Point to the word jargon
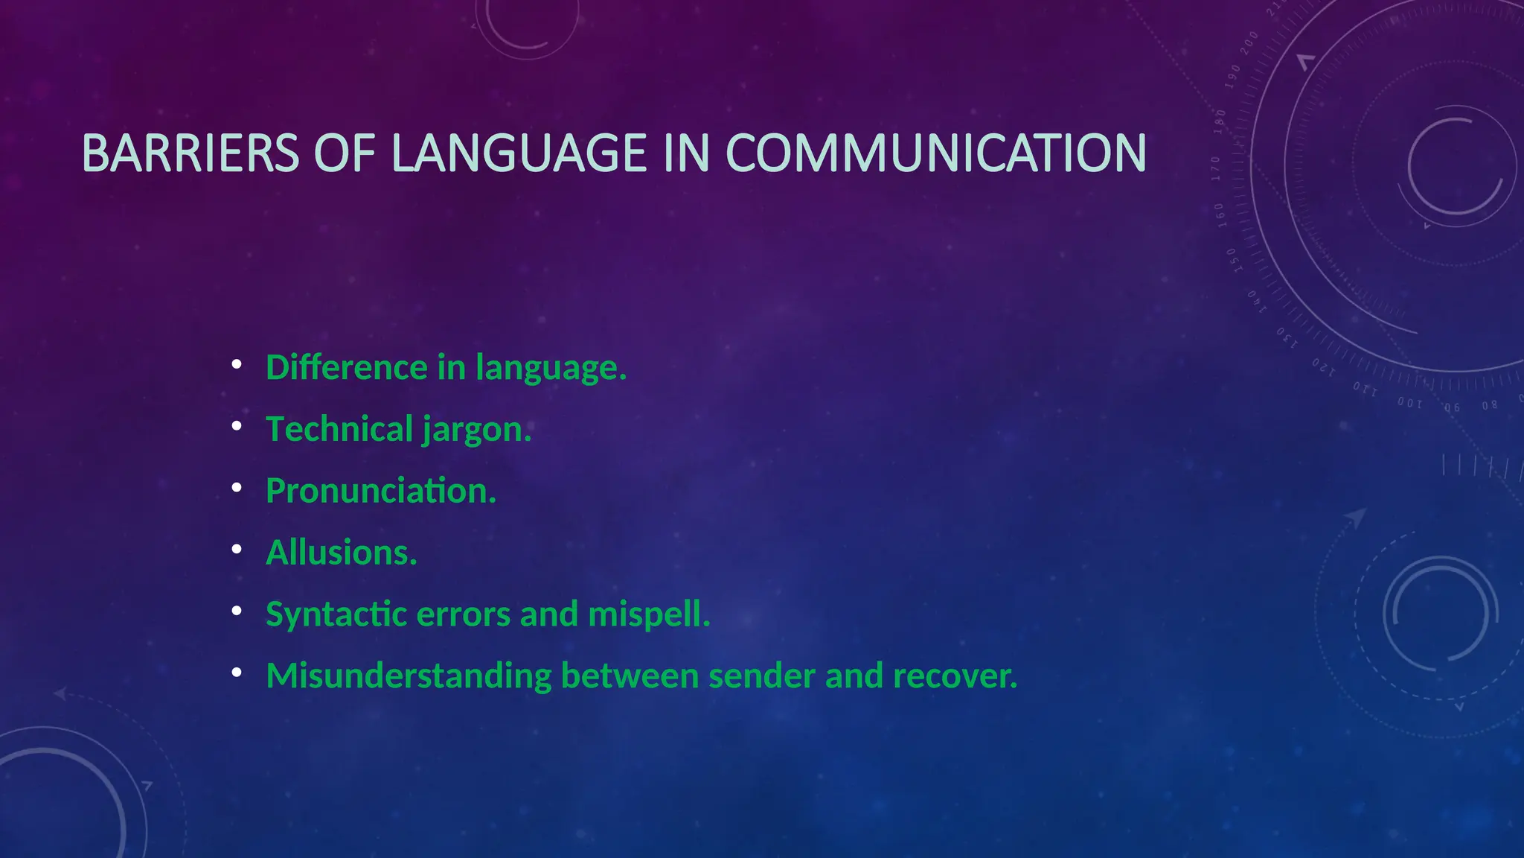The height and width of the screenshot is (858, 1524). point(476,430)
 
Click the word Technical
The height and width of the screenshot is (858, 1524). point(339,429)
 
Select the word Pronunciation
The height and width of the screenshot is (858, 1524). point(380,491)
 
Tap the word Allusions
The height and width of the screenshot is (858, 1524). point(342,553)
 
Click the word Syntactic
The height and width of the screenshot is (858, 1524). point(336,614)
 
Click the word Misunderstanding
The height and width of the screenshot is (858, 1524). point(409,676)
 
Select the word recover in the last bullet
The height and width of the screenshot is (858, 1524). point(955,676)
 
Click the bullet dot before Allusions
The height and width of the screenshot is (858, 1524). point(237,550)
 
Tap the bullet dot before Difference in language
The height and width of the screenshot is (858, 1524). point(237,365)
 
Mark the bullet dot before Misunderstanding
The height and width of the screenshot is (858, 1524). point(237,673)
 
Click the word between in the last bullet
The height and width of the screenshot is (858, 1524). point(630,676)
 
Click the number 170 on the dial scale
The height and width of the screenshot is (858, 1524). point(1216,169)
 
